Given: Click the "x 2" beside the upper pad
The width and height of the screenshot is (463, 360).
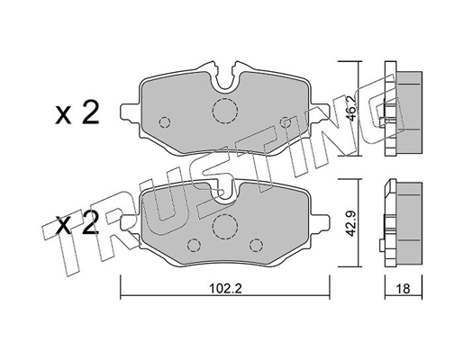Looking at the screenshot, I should (x=78, y=113).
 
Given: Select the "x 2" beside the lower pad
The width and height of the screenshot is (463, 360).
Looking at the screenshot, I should (x=78, y=225).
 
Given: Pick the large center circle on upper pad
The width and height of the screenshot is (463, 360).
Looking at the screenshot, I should (x=222, y=111).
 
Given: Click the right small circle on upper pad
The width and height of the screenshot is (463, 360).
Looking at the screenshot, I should (x=286, y=121).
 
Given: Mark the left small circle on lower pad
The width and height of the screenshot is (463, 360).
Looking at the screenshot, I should (x=195, y=243).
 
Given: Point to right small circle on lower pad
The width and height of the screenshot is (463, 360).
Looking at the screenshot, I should (x=255, y=243).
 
